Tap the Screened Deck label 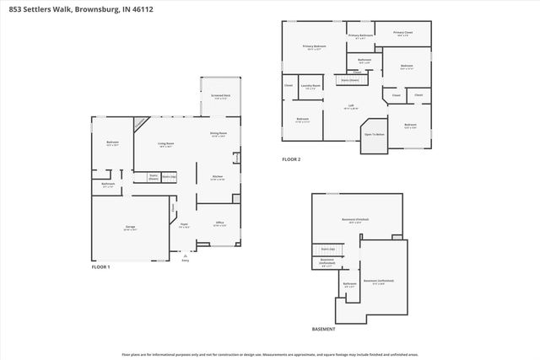pyautogui.click(x=222, y=96)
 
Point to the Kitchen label pyautogui.click(x=217, y=177)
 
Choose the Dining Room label pyautogui.click(x=217, y=134)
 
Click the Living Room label pyautogui.click(x=166, y=144)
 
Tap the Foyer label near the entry pyautogui.click(x=184, y=224)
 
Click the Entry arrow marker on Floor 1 pyautogui.click(x=186, y=257)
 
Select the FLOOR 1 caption pyautogui.click(x=101, y=266)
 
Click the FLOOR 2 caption pyautogui.click(x=291, y=159)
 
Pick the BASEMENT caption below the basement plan pyautogui.click(x=323, y=329)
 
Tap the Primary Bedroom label pyautogui.click(x=315, y=47)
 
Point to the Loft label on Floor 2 pyautogui.click(x=351, y=105)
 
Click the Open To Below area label pyautogui.click(x=374, y=134)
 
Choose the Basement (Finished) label pyautogui.click(x=355, y=218)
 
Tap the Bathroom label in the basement pyautogui.click(x=350, y=284)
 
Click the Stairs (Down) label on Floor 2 pyautogui.click(x=349, y=80)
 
